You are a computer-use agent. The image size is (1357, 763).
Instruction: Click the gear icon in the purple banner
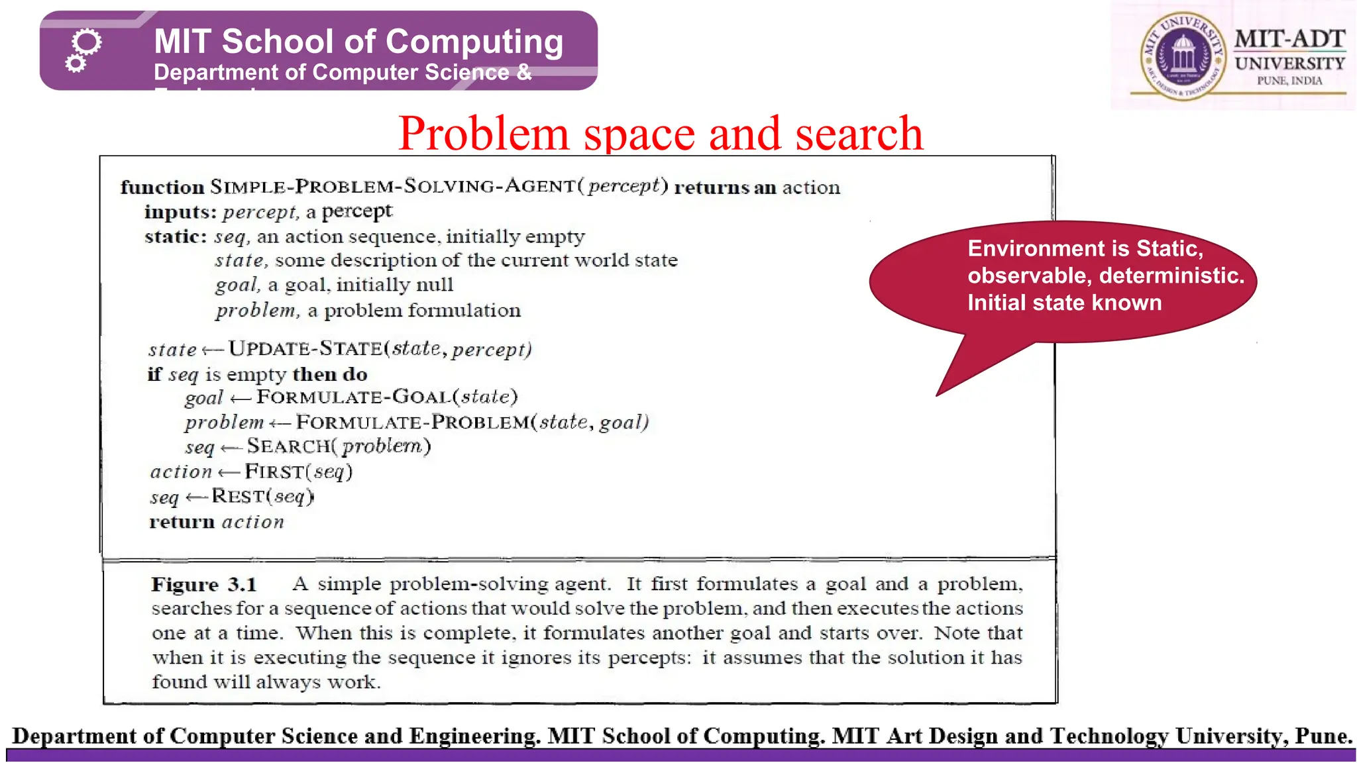tap(83, 50)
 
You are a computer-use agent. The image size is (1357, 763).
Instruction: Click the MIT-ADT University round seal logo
tap(1183, 56)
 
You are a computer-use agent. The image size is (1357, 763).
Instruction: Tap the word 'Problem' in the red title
tap(484, 133)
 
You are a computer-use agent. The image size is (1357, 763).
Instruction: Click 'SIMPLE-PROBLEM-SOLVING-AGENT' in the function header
tap(393, 186)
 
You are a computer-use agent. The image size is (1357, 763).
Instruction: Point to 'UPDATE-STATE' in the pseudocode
tap(305, 348)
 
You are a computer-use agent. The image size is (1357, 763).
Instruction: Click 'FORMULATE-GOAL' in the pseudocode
tap(353, 397)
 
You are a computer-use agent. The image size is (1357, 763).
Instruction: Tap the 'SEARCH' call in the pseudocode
tap(289, 446)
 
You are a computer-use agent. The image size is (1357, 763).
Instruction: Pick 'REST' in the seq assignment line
tap(238, 496)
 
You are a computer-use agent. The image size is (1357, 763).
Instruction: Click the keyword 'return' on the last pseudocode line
tap(182, 523)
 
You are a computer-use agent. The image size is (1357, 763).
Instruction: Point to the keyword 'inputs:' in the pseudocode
tap(180, 212)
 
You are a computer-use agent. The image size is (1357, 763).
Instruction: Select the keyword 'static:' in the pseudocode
tap(176, 236)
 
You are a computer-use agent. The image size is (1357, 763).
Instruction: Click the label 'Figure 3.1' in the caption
tap(203, 585)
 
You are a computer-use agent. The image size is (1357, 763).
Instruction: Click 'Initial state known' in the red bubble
tap(1064, 303)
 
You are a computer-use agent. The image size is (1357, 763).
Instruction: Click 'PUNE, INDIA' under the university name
tap(1289, 81)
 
